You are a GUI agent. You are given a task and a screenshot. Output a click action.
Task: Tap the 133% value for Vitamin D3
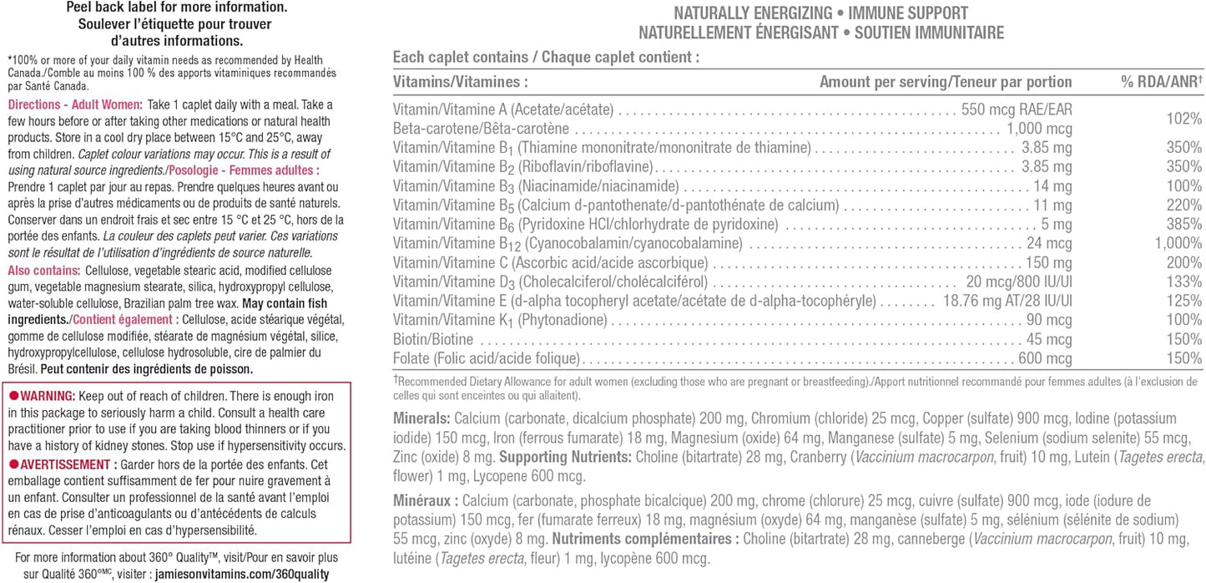pyautogui.click(x=1184, y=281)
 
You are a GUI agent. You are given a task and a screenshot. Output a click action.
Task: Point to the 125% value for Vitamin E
pyautogui.click(x=1184, y=301)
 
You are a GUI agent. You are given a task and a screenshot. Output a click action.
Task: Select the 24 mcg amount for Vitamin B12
pyautogui.click(x=1049, y=243)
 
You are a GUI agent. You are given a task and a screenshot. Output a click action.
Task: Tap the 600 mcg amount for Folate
pyautogui.click(x=1043, y=358)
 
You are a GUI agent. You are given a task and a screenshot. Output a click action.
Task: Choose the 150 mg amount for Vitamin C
pyautogui.click(x=1047, y=262)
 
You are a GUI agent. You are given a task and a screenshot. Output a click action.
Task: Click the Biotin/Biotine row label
pyautogui.click(x=433, y=339)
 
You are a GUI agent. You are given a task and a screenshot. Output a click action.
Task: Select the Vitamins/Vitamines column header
pyautogui.click(x=461, y=82)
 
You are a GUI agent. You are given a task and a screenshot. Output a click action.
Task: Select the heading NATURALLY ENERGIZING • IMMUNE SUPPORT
pyautogui.click(x=820, y=13)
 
